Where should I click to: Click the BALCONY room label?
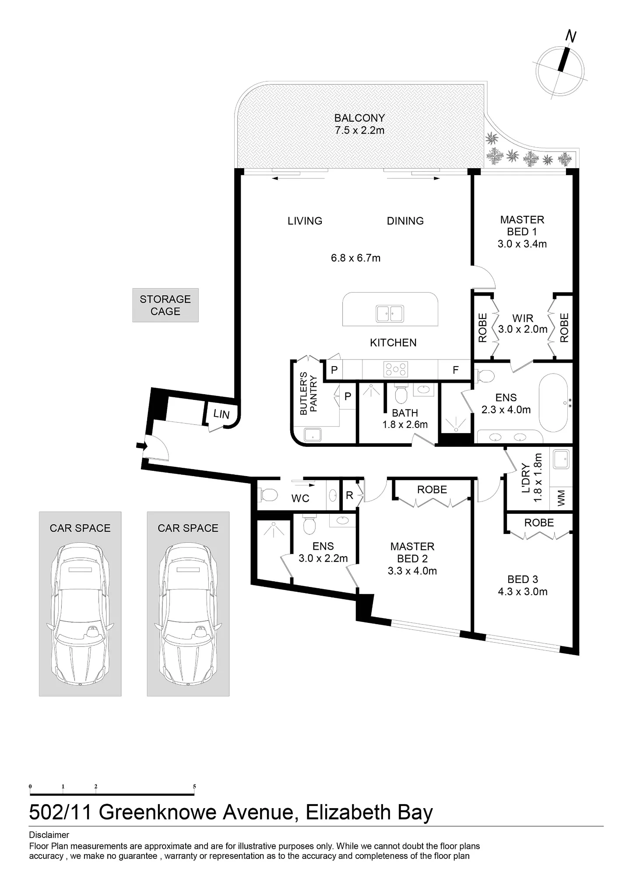[x=359, y=118]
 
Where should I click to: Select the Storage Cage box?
[x=165, y=305]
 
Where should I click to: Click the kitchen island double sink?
[x=390, y=314]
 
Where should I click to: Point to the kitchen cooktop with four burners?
[x=396, y=369]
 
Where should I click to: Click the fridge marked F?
[x=455, y=370]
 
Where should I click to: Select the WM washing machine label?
[x=562, y=498]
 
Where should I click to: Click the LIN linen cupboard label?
[x=222, y=414]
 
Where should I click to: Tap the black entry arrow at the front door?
[x=141, y=446]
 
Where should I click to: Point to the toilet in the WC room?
[x=268, y=495]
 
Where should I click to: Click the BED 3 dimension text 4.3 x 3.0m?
[x=523, y=592]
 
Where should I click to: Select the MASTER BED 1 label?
[x=522, y=226]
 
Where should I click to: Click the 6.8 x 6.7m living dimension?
[x=355, y=258]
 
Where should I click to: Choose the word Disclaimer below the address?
[x=49, y=835]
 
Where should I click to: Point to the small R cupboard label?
[x=349, y=495]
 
